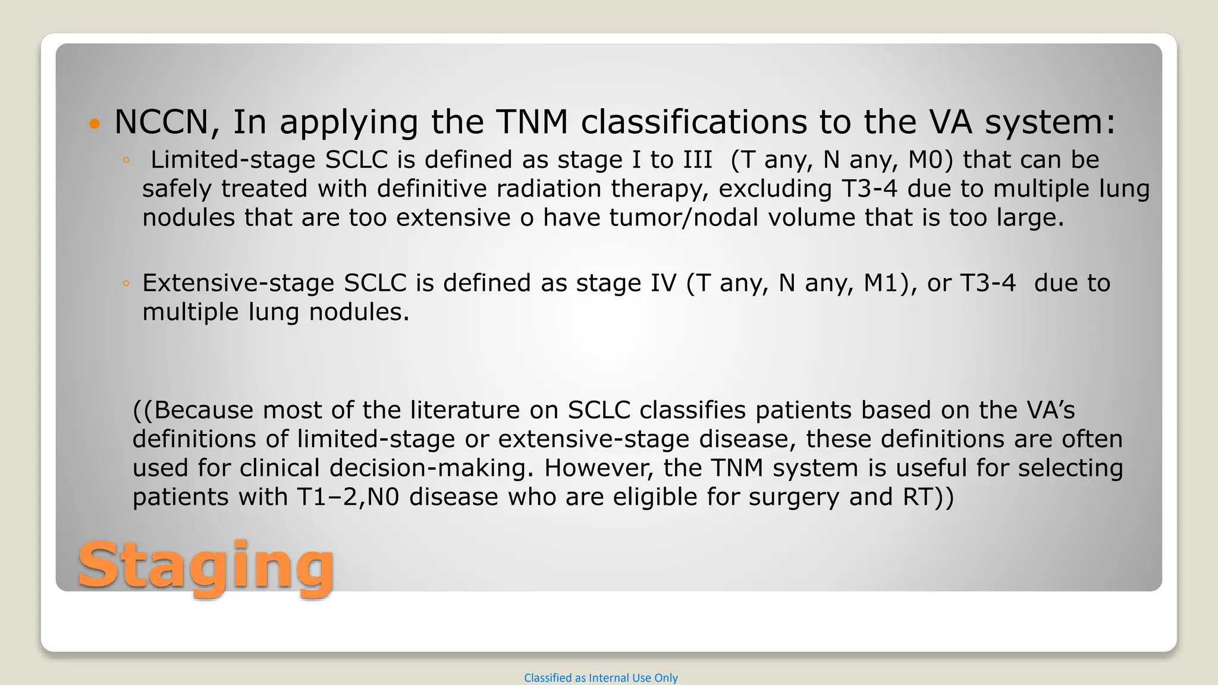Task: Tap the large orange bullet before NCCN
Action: coord(94,124)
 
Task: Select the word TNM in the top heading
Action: coord(532,122)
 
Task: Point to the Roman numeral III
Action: coord(697,159)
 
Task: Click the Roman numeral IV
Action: coord(663,283)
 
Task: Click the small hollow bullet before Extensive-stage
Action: coord(125,284)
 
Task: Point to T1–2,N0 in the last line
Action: coord(348,497)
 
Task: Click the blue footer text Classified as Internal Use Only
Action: coord(601,678)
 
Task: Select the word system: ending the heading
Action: coord(1050,122)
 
